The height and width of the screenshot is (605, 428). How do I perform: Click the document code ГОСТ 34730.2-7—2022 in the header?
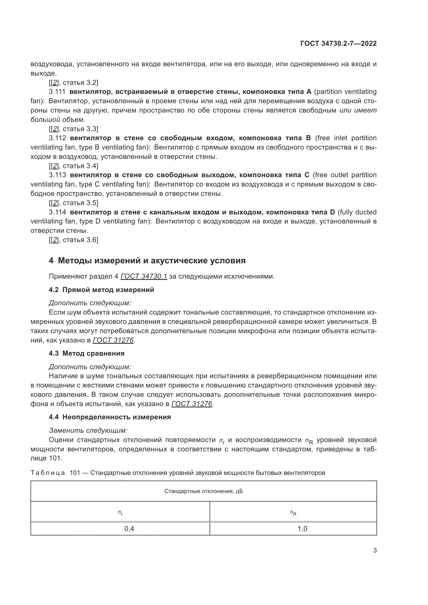point(338,44)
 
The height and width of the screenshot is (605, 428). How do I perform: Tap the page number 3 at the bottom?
point(375,550)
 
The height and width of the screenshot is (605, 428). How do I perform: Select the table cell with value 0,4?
point(129,529)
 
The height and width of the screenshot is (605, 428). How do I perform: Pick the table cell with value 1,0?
point(302,529)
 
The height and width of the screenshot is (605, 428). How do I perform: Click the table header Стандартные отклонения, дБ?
point(203,491)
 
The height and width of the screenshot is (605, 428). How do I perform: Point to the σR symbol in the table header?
point(293,512)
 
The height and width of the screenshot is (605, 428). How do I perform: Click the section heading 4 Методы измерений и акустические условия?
point(147,261)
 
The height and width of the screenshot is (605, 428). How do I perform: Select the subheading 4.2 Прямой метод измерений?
point(101,290)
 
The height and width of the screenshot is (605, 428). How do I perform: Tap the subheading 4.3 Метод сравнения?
point(86,353)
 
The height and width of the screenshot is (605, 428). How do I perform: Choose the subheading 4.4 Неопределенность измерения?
point(110,417)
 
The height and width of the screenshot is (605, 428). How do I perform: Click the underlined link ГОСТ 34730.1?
point(144,277)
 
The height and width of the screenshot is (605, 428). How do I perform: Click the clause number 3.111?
point(57,92)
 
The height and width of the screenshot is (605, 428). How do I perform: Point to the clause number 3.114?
point(57,212)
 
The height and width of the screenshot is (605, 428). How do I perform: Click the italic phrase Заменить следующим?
point(88,431)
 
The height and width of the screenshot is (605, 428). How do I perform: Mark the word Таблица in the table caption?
point(48,473)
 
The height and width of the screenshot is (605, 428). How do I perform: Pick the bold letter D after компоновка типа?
point(332,212)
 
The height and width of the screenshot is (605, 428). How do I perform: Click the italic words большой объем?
point(57,120)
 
